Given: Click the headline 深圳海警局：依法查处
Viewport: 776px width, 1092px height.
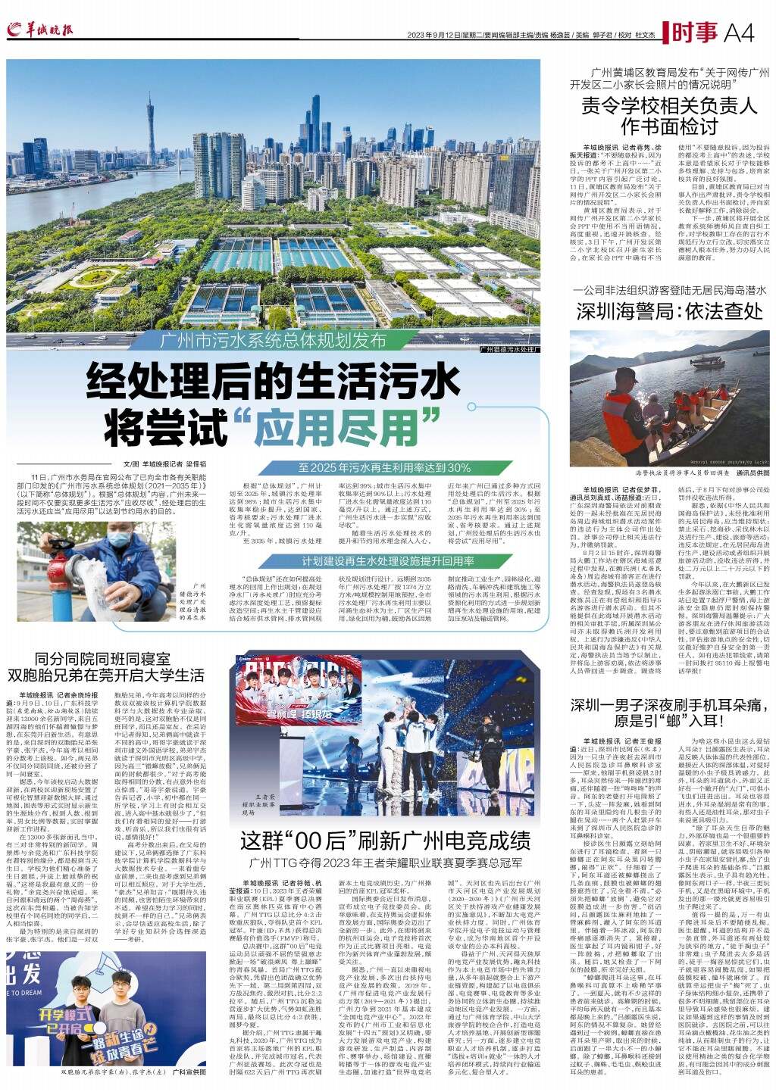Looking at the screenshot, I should (x=669, y=311).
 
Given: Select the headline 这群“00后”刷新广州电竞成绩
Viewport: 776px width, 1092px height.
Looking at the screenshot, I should (x=385, y=841).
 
